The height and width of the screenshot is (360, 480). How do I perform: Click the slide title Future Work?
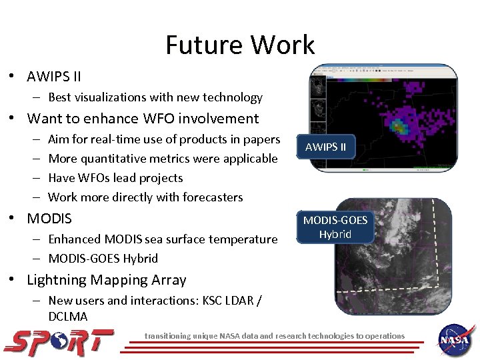point(239,45)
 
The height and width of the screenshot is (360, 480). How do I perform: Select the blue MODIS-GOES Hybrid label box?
point(335,227)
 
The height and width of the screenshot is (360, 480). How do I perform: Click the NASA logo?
point(456,338)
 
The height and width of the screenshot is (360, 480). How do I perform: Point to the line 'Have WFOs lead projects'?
point(115,178)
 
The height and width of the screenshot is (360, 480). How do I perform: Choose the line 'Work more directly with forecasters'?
point(145,197)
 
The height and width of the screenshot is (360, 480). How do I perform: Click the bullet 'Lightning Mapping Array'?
point(107,280)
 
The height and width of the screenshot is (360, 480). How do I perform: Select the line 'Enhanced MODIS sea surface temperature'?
point(163,239)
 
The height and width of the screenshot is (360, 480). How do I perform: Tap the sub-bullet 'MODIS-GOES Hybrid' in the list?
point(103,259)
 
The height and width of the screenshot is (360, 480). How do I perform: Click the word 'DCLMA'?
point(68,317)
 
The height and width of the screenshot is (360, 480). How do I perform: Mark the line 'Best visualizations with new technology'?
point(155,97)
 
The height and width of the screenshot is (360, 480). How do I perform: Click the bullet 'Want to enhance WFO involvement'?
point(143,119)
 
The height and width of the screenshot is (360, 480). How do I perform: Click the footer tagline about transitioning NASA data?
point(275,336)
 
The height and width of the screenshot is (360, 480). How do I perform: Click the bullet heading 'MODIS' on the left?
point(49,219)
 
